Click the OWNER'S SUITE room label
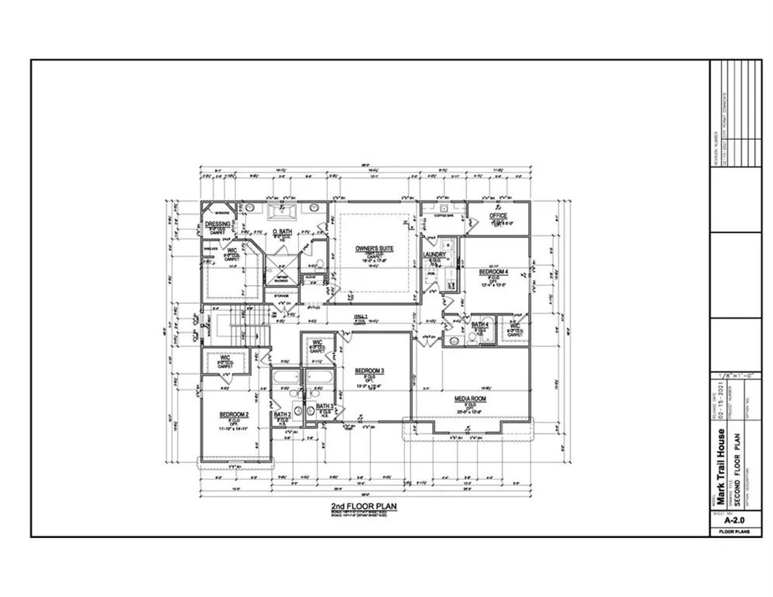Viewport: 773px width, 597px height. [374, 249]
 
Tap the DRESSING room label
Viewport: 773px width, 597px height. [218, 224]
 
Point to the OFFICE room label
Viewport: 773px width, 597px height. [498, 216]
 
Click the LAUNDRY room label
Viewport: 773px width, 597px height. [434, 255]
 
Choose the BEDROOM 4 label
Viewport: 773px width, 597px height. [493, 271]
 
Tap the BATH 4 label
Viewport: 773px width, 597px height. [480, 323]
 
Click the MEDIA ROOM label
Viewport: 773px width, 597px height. [470, 399]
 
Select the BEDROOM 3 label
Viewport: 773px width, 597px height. [370, 371]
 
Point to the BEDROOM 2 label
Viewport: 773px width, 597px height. [233, 414]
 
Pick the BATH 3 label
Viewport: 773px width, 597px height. [324, 407]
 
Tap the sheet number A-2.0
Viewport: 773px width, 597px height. [734, 522]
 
